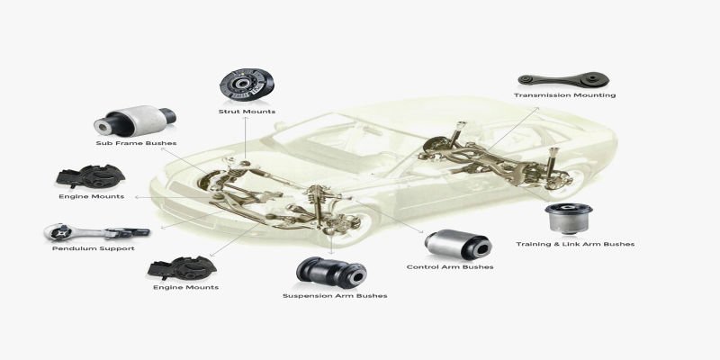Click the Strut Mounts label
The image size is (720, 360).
click(x=247, y=112)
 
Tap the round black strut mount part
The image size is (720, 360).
click(x=247, y=86)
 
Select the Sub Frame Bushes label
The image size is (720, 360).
click(x=137, y=143)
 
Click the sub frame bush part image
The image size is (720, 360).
click(x=135, y=121)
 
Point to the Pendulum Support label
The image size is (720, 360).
click(x=94, y=248)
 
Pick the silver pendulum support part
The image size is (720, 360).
click(x=96, y=232)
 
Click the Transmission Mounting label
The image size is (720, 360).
click(x=565, y=95)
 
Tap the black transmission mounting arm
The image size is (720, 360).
click(x=564, y=80)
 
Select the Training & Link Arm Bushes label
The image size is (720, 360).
click(x=575, y=244)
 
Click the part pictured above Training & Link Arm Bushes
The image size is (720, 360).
click(x=569, y=218)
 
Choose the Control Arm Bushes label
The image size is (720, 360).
click(x=450, y=266)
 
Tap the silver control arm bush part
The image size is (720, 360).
click(x=458, y=245)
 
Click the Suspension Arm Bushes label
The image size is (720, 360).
click(x=335, y=296)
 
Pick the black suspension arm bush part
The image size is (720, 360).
click(x=331, y=273)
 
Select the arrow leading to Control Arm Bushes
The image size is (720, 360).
click(x=387, y=215)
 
